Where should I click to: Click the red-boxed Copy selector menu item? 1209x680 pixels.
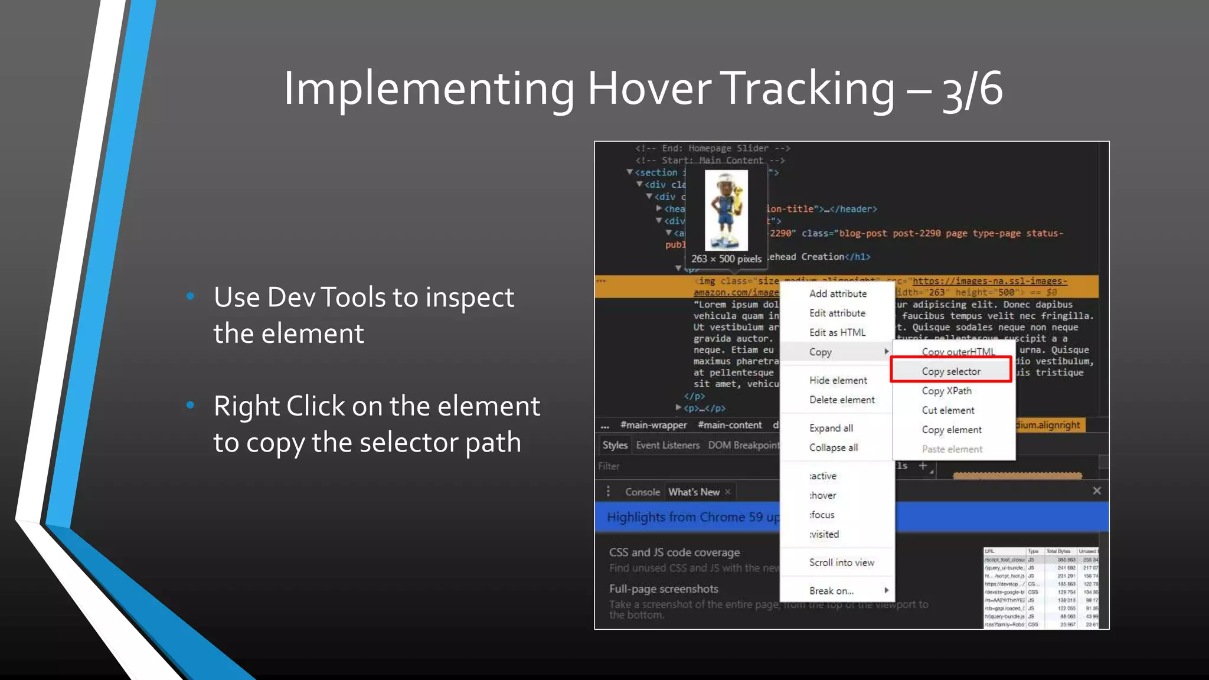(x=950, y=371)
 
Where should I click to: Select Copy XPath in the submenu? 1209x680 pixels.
(x=946, y=391)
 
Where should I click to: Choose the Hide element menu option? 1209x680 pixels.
(x=838, y=381)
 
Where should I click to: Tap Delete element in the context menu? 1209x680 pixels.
(x=842, y=400)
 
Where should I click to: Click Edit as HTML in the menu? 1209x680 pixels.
(x=837, y=333)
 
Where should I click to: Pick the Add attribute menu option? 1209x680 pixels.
(x=838, y=294)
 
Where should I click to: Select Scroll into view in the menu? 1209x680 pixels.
(x=841, y=563)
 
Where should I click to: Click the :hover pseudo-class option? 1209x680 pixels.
(x=823, y=496)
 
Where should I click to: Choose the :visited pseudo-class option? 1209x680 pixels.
(x=824, y=535)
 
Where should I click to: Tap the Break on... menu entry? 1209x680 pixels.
(x=831, y=591)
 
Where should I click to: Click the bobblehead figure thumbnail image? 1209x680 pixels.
(x=726, y=210)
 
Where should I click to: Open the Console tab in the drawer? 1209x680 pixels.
(x=642, y=492)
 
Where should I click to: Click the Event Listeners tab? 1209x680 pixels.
(x=668, y=445)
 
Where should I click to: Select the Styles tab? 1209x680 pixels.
(x=615, y=445)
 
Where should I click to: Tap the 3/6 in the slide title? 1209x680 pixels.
(x=973, y=89)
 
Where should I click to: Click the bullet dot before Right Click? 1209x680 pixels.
(x=190, y=405)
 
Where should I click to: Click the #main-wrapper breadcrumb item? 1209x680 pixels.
(x=653, y=425)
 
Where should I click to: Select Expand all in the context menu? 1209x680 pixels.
(x=831, y=429)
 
